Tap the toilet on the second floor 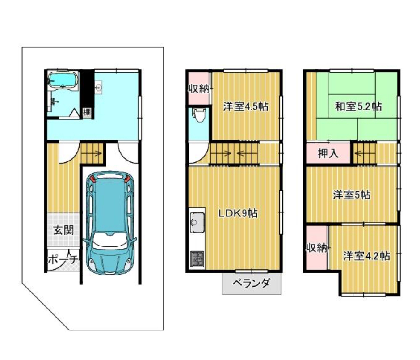pos(199,114)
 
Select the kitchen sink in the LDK pos(197,222)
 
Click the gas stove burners pos(197,259)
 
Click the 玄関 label pos(63,230)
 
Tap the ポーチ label pos(63,259)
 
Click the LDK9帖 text pos(238,213)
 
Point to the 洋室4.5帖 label pos(246,106)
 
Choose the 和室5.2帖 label pos(358,106)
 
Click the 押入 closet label pos(328,153)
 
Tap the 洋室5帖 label pos(352,195)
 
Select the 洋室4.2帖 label pos(366,256)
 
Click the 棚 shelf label pos(87,112)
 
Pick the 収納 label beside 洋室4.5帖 pos(199,89)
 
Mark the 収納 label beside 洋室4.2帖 pos(317,248)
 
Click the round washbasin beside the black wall pos(99,87)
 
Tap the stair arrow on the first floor pos(92,153)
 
